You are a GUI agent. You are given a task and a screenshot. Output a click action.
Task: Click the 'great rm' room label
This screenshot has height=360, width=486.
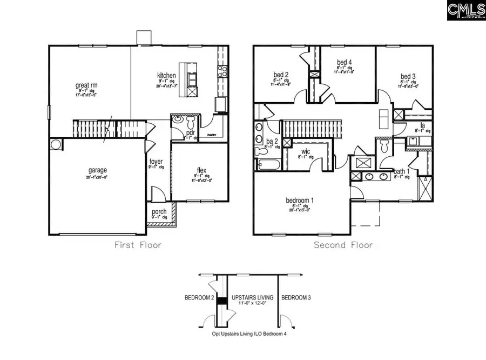pyautogui.click(x=86, y=85)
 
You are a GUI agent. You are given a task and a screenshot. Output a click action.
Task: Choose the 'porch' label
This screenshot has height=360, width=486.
pyautogui.click(x=159, y=211)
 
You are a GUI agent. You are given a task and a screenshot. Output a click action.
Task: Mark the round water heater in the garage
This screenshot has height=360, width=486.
pyautogui.click(x=56, y=145)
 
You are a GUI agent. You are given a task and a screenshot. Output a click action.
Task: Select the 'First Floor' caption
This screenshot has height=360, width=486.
pyautogui.click(x=138, y=245)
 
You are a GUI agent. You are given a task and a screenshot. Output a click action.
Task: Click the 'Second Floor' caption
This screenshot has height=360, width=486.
pyautogui.click(x=343, y=245)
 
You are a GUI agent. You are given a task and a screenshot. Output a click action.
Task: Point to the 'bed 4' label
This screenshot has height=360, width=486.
pyautogui.click(x=345, y=62)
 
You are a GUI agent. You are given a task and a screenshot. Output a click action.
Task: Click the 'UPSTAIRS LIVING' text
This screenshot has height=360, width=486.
pyautogui.click(x=252, y=298)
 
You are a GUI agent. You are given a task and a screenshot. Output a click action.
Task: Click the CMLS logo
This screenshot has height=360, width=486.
pyautogui.click(x=465, y=10)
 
